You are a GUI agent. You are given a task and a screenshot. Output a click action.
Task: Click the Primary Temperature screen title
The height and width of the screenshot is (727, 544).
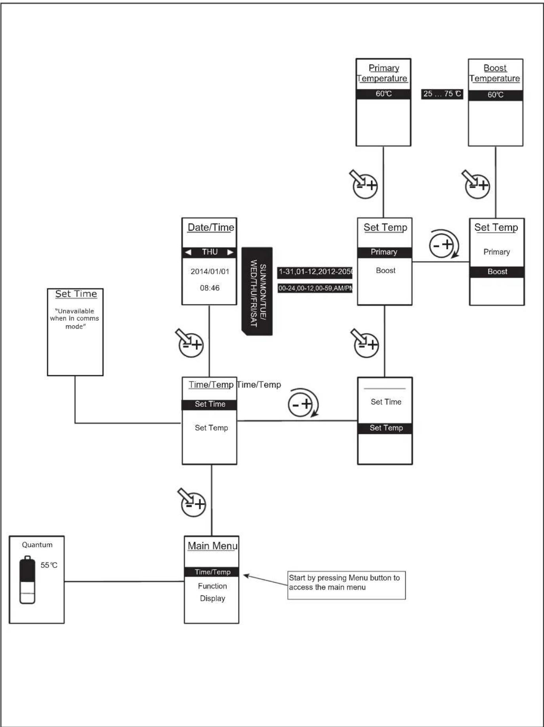(x=383, y=73)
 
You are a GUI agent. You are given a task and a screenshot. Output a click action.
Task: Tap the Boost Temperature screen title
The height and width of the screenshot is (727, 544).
(x=495, y=73)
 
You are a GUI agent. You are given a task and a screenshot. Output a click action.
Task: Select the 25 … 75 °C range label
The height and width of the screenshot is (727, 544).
(x=442, y=94)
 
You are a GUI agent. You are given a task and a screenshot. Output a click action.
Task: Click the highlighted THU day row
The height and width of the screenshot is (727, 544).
(x=209, y=252)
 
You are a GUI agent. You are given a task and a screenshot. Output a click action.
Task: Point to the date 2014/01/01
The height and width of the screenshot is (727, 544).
(x=210, y=271)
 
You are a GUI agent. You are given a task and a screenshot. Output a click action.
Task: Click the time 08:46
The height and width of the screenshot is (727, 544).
(x=210, y=288)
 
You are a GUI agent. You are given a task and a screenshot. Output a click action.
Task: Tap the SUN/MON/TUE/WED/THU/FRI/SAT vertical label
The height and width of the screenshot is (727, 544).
(x=257, y=291)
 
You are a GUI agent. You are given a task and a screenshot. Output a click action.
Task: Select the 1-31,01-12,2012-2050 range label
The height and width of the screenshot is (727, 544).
(x=315, y=272)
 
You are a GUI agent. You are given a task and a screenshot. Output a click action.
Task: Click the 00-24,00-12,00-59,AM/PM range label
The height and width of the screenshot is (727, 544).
(x=315, y=288)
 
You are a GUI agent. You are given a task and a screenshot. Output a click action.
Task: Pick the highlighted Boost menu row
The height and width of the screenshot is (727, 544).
(x=497, y=272)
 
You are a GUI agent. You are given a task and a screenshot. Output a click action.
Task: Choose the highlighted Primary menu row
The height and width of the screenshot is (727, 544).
(x=384, y=252)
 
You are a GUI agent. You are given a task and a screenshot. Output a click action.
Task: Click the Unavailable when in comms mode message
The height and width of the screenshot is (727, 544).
(x=74, y=319)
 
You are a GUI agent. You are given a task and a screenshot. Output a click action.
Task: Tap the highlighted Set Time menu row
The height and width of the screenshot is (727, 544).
(x=209, y=404)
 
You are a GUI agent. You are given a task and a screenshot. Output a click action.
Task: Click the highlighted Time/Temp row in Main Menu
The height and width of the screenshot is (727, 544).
(x=212, y=572)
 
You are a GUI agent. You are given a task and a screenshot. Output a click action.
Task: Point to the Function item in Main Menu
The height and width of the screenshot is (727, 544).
(x=212, y=586)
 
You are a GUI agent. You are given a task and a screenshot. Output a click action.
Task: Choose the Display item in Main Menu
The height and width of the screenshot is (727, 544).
(x=212, y=598)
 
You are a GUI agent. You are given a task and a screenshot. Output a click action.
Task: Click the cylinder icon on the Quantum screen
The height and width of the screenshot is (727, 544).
(x=27, y=580)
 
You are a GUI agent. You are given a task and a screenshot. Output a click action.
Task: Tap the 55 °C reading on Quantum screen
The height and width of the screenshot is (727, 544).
(x=49, y=565)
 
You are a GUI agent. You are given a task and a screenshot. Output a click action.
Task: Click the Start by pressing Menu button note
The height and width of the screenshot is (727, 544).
(x=346, y=585)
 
